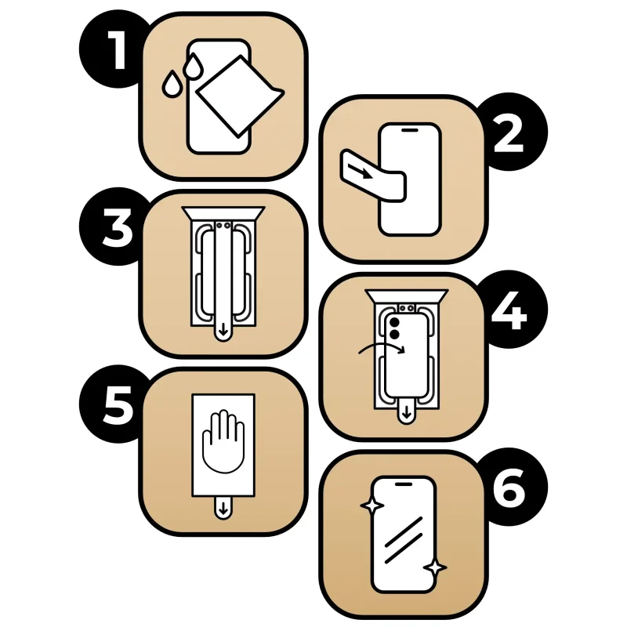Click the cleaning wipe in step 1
pyautogui.click(x=239, y=96)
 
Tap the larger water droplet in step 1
pyautogui.click(x=194, y=67)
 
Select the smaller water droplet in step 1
pyautogui.click(x=172, y=84)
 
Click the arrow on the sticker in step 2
pyautogui.click(x=361, y=171)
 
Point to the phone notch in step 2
pyautogui.click(x=409, y=130)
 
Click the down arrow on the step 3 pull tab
pyautogui.click(x=223, y=330)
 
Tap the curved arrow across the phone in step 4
pyautogui.click(x=382, y=347)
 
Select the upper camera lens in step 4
pyautogui.click(x=394, y=322)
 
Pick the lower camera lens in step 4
pyautogui.click(x=394, y=335)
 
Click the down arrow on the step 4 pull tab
pyautogui.click(x=407, y=413)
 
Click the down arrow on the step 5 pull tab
pyautogui.click(x=223, y=509)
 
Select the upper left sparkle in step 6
pyautogui.click(x=372, y=506)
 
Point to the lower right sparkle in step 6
pyautogui.click(x=435, y=567)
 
